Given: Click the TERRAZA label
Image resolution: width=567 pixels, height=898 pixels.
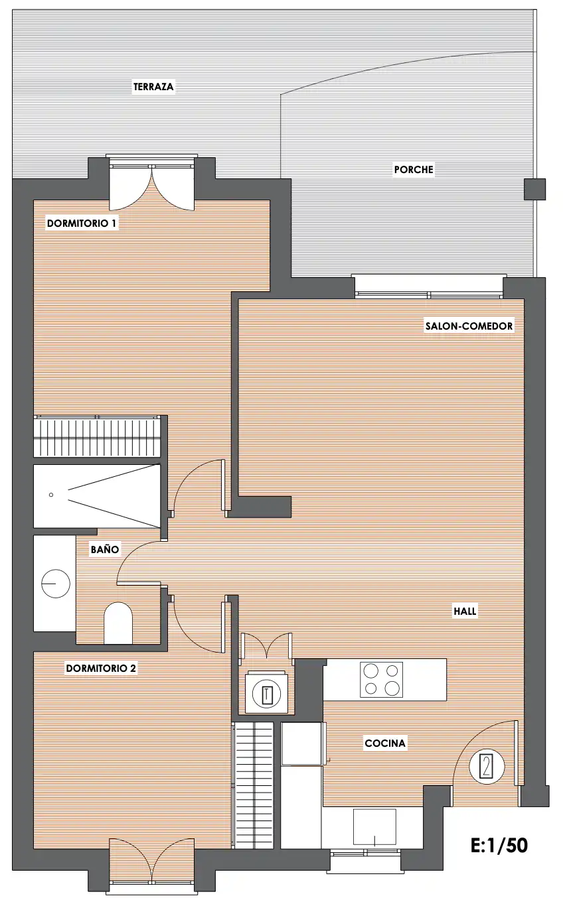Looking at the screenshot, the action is [x=153, y=87].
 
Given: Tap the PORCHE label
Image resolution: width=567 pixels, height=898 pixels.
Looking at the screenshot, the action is [x=414, y=170].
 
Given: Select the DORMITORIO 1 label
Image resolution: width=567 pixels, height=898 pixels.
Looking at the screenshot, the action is [x=82, y=224].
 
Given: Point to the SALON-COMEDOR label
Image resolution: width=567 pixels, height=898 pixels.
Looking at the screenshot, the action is [x=469, y=326].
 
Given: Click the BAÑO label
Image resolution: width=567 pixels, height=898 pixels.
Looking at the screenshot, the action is [x=105, y=549].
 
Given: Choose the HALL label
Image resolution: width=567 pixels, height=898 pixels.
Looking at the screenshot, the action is [x=465, y=611].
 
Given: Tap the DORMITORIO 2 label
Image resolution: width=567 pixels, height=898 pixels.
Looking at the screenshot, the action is [x=101, y=669].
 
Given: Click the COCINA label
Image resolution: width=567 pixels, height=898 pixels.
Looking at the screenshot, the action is [x=385, y=743].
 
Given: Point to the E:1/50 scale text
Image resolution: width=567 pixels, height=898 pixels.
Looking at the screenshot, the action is [x=499, y=846].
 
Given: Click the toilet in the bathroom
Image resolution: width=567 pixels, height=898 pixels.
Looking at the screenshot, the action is [x=118, y=623].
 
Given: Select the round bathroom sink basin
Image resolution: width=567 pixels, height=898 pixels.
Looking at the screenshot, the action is [x=56, y=584].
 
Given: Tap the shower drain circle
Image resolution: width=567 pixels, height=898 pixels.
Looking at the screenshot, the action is [x=51, y=495].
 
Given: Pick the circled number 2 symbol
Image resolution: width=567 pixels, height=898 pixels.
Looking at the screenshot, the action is [x=487, y=767].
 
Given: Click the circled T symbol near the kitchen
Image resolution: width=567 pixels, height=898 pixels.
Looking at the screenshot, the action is [x=266, y=694].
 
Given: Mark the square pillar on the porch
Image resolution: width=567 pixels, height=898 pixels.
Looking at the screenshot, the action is [x=535, y=189].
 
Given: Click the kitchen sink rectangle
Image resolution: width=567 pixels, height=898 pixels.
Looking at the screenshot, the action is [x=374, y=826].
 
